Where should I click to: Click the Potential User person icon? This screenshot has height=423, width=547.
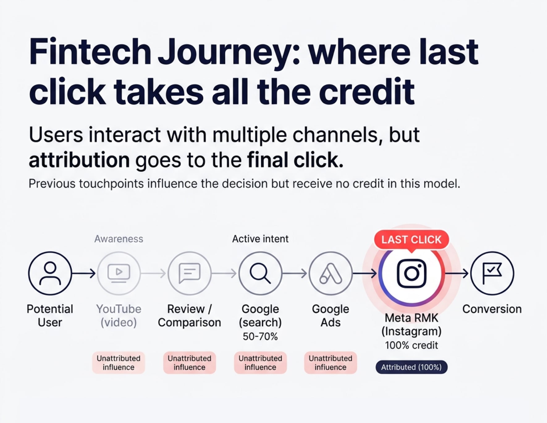coord(50,273)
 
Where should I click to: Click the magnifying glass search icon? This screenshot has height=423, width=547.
coord(260,273)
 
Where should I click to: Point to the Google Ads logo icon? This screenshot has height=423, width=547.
coord(330,273)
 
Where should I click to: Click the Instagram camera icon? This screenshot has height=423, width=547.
coord(411,273)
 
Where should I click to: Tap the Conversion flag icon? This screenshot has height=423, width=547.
coord(492,273)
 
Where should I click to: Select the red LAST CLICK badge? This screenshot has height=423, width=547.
coord(411,239)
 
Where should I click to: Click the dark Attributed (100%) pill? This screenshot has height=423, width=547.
coord(411,367)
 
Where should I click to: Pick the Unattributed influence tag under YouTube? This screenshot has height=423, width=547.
coord(119,363)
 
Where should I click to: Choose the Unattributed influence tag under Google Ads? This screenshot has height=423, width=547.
coord(330,363)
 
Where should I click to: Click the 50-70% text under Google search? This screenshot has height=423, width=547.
coord(260,336)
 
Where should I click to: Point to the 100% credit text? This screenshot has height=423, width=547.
coord(411,345)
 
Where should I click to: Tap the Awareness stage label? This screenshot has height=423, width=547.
coord(119,239)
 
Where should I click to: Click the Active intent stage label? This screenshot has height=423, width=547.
coord(260,239)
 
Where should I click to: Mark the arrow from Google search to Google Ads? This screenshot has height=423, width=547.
coord(295,273)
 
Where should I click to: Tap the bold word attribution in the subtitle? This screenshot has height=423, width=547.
coord(79,160)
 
